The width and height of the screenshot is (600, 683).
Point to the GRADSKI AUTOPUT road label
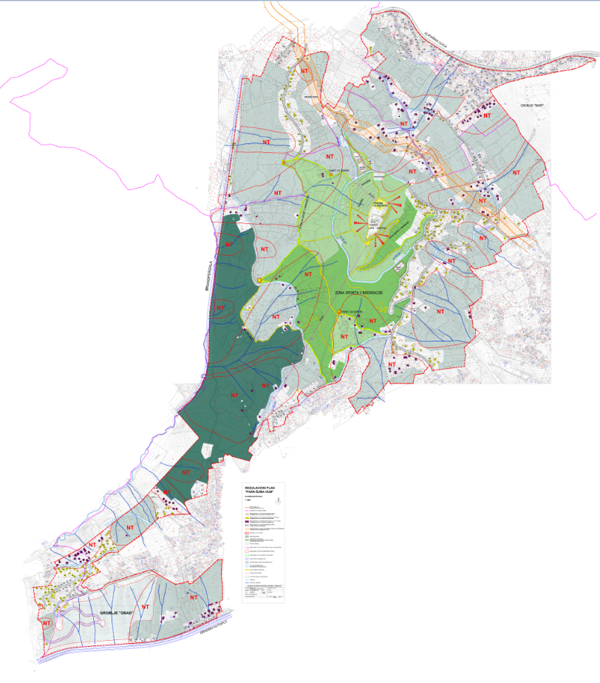click(x=212, y=629)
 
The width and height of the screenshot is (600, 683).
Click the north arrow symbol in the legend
click(x=279, y=501)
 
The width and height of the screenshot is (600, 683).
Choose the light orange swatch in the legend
click(x=248, y=529)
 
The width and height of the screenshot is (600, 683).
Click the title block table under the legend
click(x=264, y=591)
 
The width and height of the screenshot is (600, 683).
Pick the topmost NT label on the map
click(x=305, y=72)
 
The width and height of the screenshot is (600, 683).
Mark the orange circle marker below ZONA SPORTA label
click(x=339, y=313)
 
